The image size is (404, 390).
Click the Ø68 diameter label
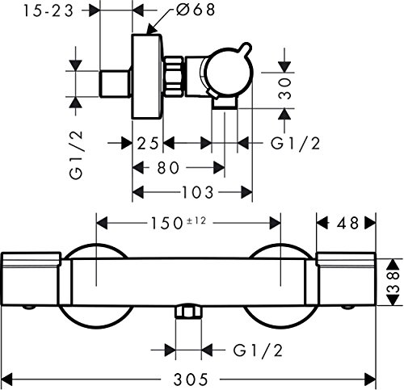pos(196,10)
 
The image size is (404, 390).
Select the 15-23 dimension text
pos(48,10)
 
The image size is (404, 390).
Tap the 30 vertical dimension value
pos(285,89)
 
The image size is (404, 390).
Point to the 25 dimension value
pos(148,143)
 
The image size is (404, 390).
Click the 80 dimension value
pos(167,168)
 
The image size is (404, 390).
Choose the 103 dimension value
pos(198,192)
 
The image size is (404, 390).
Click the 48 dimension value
pos(347,223)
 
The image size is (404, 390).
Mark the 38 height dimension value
pos(393,282)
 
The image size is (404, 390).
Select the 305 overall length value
pos(191,380)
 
